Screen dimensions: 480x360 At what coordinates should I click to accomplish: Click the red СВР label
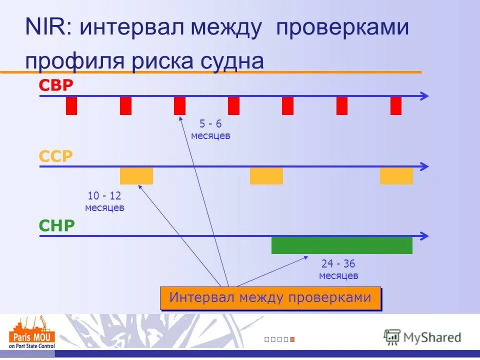coord(56,85)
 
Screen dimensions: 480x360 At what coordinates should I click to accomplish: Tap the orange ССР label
coord(56,156)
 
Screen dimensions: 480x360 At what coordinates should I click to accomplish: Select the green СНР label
coord(56,226)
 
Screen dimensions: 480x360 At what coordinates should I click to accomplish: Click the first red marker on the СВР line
coord(71,106)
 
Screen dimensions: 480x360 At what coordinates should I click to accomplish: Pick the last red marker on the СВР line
coord(396,106)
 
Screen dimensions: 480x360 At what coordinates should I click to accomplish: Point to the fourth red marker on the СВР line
coord(233,106)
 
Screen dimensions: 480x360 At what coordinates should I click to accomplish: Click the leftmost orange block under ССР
coord(136,176)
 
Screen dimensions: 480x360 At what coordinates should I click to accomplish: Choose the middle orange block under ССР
coord(266,176)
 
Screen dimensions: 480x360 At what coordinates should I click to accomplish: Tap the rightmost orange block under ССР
coord(396,176)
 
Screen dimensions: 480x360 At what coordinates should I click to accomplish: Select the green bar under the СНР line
coord(342,245)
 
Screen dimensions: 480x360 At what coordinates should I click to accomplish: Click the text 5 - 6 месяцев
coord(210,130)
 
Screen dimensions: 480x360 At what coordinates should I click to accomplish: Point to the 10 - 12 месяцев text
coord(104,201)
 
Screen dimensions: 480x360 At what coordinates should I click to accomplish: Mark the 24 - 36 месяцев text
coord(338,269)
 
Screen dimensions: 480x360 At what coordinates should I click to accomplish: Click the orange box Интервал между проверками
coord(270,298)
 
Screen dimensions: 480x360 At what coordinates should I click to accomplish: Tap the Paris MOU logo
coord(32,332)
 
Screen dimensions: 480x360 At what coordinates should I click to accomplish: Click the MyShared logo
coord(422,337)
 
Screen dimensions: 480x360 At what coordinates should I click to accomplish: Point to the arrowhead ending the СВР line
coord(425,96)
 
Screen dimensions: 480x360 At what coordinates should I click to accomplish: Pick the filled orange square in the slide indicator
coord(292,339)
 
